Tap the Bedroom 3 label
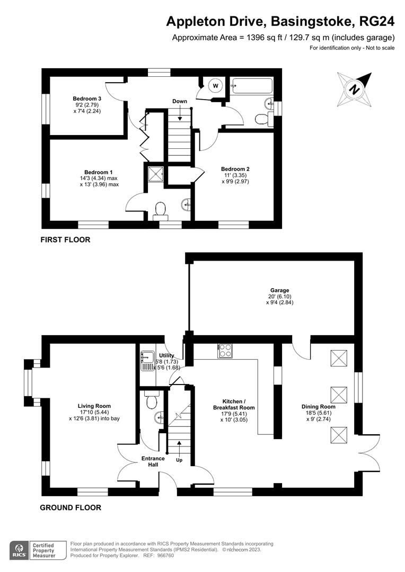[x=87, y=99]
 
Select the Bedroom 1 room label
[x=98, y=172]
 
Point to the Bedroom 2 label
[x=235, y=169]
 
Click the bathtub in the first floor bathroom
[x=252, y=86]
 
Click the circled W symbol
[x=216, y=85]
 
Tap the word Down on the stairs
[x=179, y=101]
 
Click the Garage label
[x=279, y=290]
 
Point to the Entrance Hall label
[x=153, y=461]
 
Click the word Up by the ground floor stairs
[x=179, y=460]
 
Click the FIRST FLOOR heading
[x=65, y=240]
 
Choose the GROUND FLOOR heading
[x=71, y=507]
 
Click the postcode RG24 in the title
[x=377, y=21]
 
